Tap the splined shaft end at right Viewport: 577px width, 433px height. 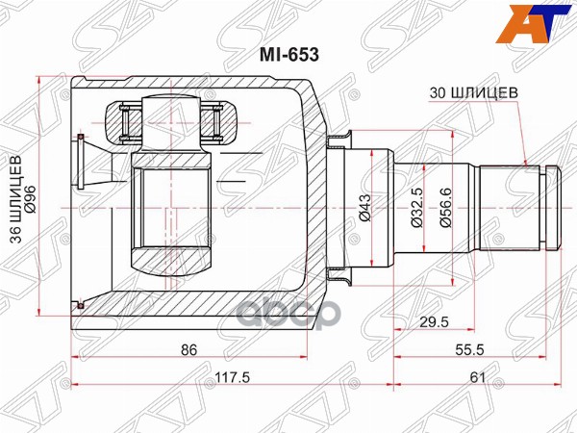click(519, 207)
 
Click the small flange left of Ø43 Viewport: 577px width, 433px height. click(337, 208)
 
